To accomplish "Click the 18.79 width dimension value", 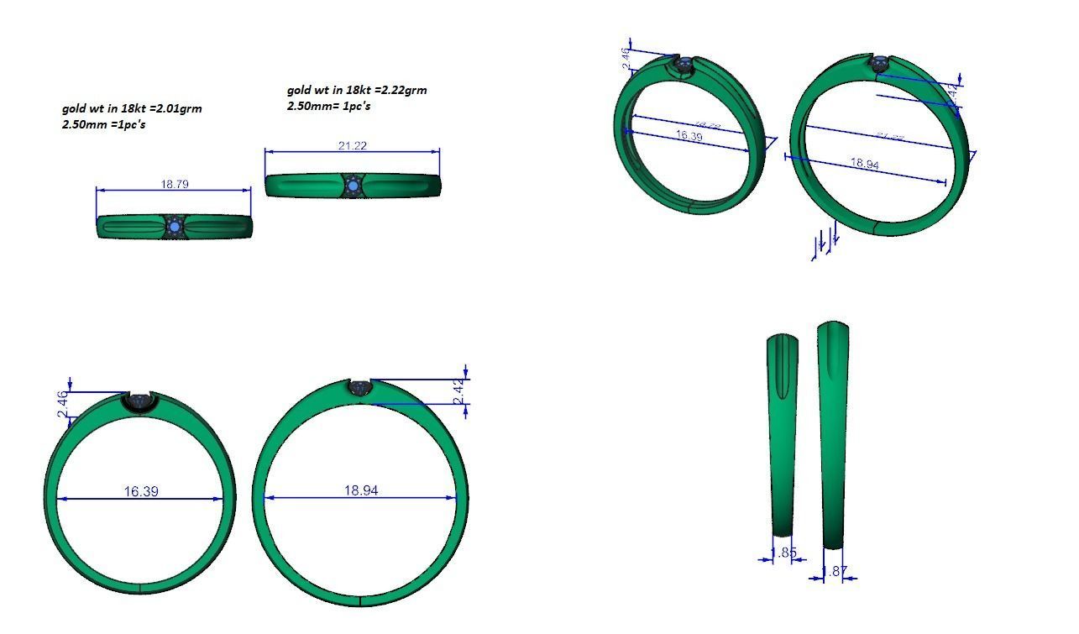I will (x=174, y=184).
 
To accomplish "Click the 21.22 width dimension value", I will (x=352, y=146).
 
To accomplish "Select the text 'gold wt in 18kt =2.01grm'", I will (x=132, y=108).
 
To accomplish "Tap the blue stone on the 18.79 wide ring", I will (x=175, y=227).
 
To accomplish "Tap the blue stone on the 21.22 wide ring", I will (x=353, y=185).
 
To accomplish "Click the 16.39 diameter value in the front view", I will (x=141, y=490).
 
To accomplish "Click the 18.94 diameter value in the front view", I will (x=361, y=490).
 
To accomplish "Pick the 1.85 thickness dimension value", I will (x=783, y=553).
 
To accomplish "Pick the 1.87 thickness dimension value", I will (x=835, y=572).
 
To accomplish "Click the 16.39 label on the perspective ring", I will (x=689, y=136).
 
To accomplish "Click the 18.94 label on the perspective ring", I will (x=865, y=164).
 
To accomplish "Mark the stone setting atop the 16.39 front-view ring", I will (x=139, y=401).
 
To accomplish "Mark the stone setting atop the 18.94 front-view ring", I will (x=361, y=388).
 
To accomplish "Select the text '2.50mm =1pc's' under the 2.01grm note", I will (x=109, y=124).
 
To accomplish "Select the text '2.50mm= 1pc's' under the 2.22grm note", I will (x=329, y=106).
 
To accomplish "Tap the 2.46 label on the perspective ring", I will (x=626, y=59).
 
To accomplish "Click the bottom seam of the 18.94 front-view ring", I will (x=360, y=600).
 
